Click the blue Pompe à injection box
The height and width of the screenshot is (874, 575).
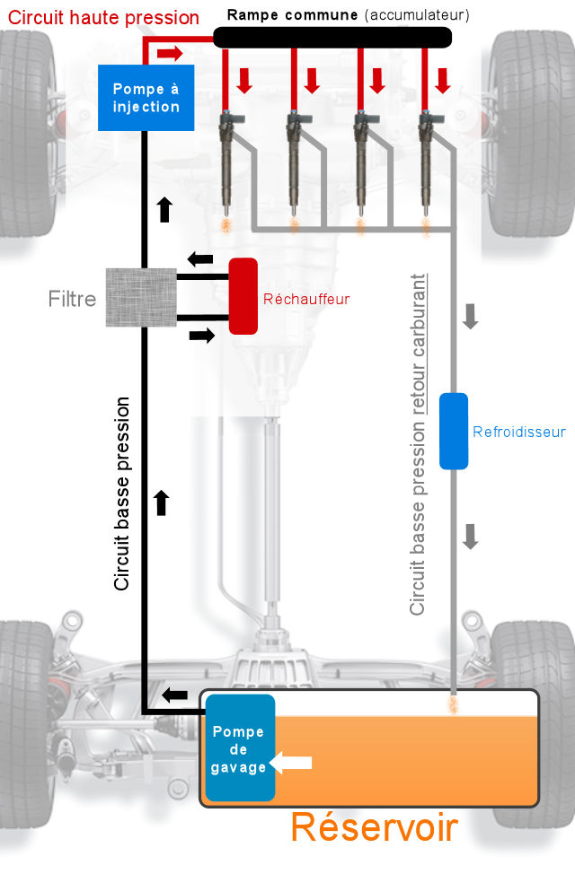pyautogui.click(x=146, y=98)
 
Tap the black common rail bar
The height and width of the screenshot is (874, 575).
pyautogui.click(x=332, y=37)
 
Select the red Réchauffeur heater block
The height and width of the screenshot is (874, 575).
pyautogui.click(x=243, y=296)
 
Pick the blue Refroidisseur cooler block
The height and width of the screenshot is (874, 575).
pyautogui.click(x=454, y=431)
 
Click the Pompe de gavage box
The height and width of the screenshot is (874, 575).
pyautogui.click(x=239, y=748)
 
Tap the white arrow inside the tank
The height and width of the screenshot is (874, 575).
pyautogui.click(x=291, y=763)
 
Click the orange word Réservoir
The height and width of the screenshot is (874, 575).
pyautogui.click(x=374, y=827)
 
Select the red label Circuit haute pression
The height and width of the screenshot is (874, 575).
pyautogui.click(x=104, y=17)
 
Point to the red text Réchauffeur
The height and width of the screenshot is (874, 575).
pyautogui.click(x=306, y=299)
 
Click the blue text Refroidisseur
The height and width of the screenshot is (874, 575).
pyautogui.click(x=519, y=432)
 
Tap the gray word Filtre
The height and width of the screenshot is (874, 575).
pyautogui.click(x=72, y=299)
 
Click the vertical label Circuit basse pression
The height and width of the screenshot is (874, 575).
pyautogui.click(x=122, y=494)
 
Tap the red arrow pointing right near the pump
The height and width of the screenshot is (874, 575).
pyautogui.click(x=170, y=54)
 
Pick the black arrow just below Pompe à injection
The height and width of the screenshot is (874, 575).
pyautogui.click(x=164, y=209)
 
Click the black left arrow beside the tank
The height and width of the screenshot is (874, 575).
pyautogui.click(x=174, y=695)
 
